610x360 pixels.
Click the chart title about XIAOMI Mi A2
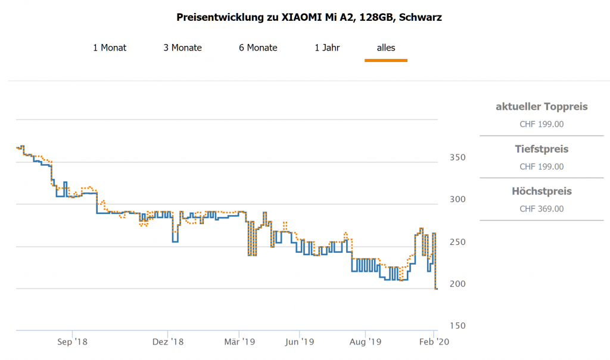click(x=309, y=17)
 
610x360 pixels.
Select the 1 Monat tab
click(x=110, y=48)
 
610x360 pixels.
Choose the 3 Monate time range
click(x=183, y=48)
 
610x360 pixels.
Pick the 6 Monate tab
click(x=258, y=48)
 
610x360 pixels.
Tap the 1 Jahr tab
click(x=327, y=48)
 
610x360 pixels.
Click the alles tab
click(x=386, y=48)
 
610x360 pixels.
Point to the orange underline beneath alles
click(x=386, y=60)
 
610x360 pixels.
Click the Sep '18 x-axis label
click(x=73, y=342)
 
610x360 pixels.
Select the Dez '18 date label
click(x=169, y=342)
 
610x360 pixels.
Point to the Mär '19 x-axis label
click(x=239, y=342)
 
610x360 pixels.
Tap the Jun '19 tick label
click(x=300, y=342)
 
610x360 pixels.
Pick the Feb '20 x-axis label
click(x=435, y=342)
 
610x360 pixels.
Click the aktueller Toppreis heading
click(x=541, y=107)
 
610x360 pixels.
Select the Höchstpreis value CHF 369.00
click(x=541, y=209)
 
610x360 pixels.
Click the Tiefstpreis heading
click(x=541, y=149)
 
